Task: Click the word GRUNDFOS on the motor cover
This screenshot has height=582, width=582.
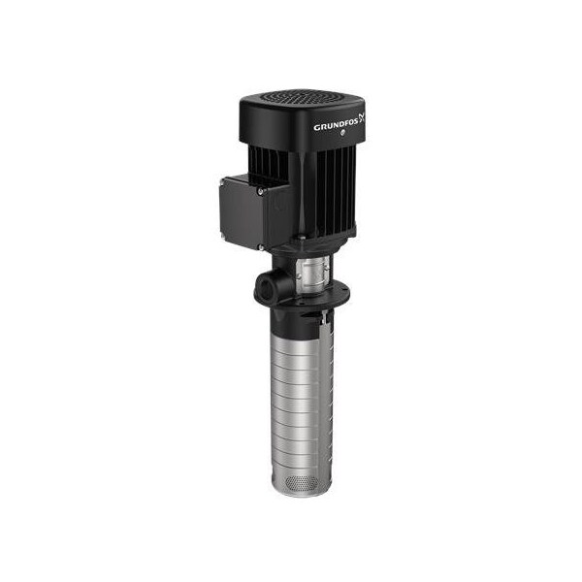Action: (337, 126)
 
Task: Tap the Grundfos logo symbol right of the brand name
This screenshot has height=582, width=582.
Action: (362, 118)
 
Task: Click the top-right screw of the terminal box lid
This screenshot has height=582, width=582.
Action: (261, 190)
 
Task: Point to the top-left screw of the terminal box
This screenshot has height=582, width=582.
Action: (223, 181)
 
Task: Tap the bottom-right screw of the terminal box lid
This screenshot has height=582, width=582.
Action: (261, 246)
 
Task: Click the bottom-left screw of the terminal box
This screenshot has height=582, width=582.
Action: (224, 236)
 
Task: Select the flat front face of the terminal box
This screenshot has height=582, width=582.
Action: (242, 214)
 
